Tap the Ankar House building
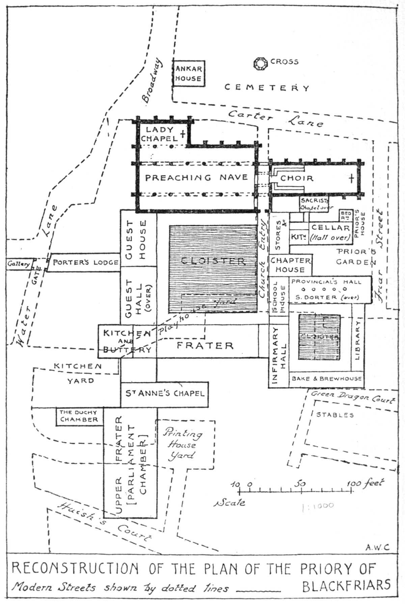pyautogui.click(x=188, y=73)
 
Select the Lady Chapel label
pyautogui.click(x=159, y=134)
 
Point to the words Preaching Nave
pyautogui.click(x=196, y=178)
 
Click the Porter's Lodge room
pyautogui.click(x=86, y=262)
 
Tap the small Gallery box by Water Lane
pyautogui.click(x=19, y=264)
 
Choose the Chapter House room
pyautogui.click(x=290, y=265)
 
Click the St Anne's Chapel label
pyautogui.click(x=165, y=393)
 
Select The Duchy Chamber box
pyautogui.click(x=79, y=416)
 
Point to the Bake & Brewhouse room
pyautogui.click(x=327, y=379)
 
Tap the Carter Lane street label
pyautogui.click(x=275, y=119)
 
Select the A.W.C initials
pyautogui.click(x=377, y=547)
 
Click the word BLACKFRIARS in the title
pyautogui.click(x=346, y=585)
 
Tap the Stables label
pyautogui.click(x=335, y=415)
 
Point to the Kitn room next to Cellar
pyautogui.click(x=298, y=237)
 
